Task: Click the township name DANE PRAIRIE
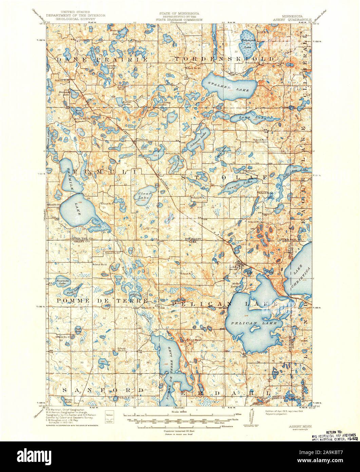(102, 59)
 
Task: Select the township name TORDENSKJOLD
(225, 59)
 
